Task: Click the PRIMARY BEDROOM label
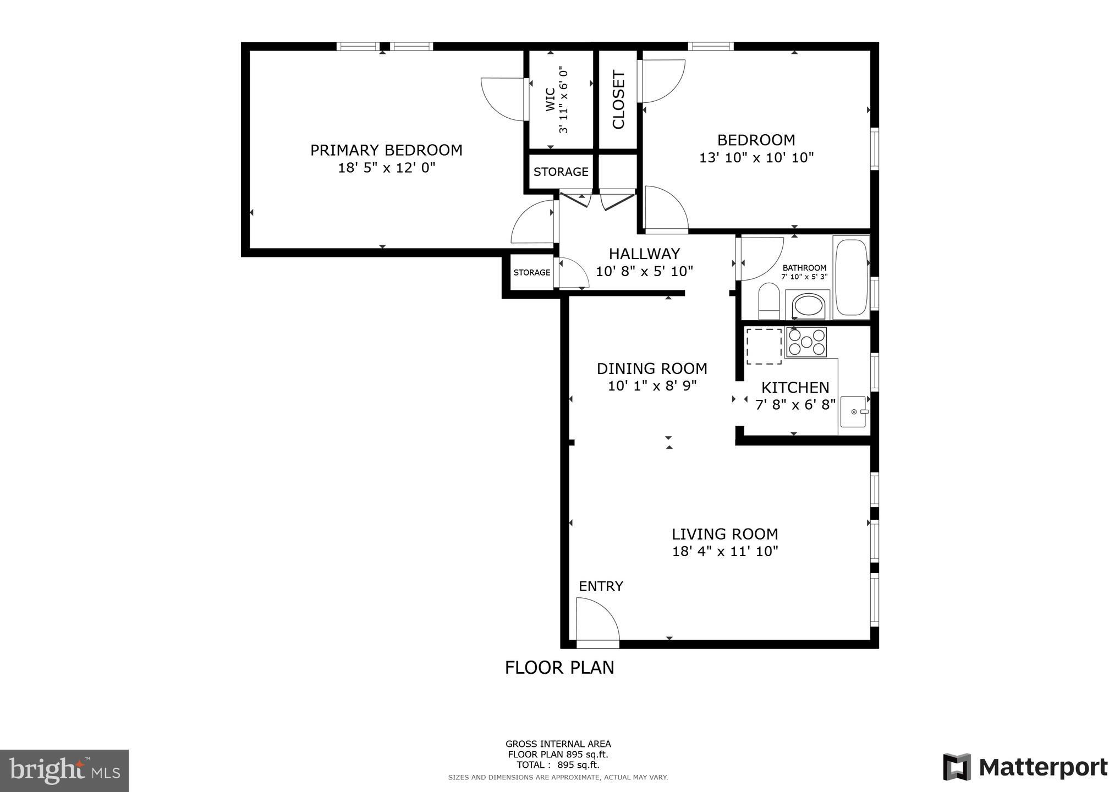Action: (x=386, y=150)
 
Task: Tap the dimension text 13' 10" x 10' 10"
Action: (x=756, y=158)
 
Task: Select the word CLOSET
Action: (x=618, y=100)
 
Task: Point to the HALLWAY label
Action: (x=644, y=254)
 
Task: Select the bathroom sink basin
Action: (x=808, y=306)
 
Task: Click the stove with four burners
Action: (x=806, y=342)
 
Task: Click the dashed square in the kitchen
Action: (x=764, y=346)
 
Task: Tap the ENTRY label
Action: (x=601, y=586)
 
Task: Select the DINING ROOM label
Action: (x=652, y=369)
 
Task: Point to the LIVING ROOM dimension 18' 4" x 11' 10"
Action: (x=725, y=551)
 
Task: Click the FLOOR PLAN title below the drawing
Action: (x=559, y=668)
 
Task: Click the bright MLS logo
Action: (x=64, y=771)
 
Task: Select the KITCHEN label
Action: (x=795, y=387)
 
